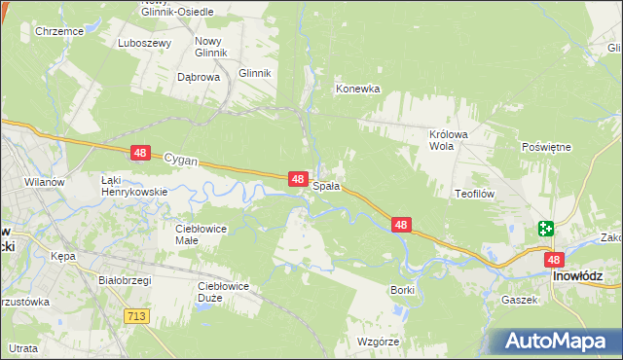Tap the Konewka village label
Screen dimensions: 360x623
coord(357,89)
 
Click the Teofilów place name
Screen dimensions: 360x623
coord(476,194)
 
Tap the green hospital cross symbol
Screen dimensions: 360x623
coord(545,230)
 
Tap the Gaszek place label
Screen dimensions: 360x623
coord(520,300)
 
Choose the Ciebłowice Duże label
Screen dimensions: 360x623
coord(224,291)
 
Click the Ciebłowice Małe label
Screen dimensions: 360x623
coord(201,234)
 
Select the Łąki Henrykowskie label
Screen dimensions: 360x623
coord(135,186)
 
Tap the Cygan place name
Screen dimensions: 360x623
coord(180,157)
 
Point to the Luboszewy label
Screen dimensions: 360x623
coord(144,43)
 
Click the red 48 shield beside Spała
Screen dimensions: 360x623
coord(300,179)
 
